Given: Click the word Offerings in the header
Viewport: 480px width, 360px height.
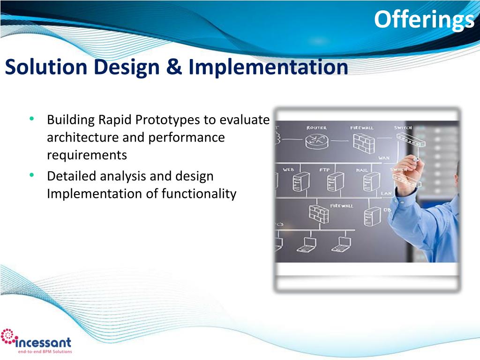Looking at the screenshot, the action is click(x=424, y=20).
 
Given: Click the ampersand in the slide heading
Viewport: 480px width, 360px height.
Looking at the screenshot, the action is click(x=174, y=67).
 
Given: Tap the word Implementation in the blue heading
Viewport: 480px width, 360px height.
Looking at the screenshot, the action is click(x=268, y=67).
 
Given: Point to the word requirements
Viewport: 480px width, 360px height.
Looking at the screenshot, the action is click(x=87, y=155).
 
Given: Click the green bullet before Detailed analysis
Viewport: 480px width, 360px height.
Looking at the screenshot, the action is click(x=31, y=175).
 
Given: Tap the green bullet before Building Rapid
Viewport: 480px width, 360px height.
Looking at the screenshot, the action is click(x=31, y=119).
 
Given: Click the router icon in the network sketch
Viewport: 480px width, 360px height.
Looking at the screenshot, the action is click(x=316, y=141).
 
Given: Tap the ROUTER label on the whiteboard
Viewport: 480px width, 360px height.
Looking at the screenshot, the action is click(x=316, y=127).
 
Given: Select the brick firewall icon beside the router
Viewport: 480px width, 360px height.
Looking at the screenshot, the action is click(x=363, y=143).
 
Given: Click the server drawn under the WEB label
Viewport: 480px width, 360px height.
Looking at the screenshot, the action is click(x=301, y=181).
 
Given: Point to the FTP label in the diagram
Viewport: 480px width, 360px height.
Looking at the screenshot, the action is click(x=324, y=170).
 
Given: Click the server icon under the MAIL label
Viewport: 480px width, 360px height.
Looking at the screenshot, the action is click(x=371, y=181).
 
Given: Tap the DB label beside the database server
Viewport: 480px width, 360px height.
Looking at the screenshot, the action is click(x=387, y=210).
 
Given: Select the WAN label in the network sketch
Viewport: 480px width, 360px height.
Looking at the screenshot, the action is click(x=384, y=158).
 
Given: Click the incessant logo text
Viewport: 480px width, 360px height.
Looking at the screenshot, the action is click(x=43, y=342).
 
